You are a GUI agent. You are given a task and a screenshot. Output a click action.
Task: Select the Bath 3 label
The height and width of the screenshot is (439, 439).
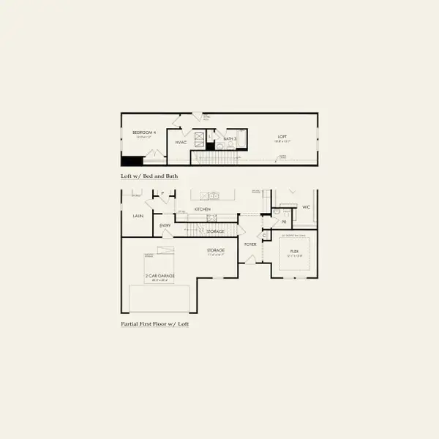coord(228,138)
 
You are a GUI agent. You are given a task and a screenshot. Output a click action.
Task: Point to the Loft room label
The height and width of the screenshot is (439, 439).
coord(282,136)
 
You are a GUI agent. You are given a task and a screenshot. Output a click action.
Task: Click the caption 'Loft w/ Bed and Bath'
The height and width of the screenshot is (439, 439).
coord(149,176)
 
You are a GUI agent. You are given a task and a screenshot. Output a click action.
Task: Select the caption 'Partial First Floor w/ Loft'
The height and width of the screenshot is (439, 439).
coord(154,323)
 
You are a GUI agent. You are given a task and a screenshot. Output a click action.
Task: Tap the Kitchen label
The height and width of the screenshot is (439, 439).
coord(203,209)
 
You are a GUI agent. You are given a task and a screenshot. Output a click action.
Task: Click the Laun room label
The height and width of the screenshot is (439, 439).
coord(137,217)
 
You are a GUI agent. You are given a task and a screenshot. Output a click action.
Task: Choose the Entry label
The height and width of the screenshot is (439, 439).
coord(165,226)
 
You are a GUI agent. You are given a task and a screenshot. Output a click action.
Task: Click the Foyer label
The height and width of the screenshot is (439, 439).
coord(250,244)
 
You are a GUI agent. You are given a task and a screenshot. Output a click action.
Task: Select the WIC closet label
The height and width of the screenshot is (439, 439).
coord(306,207)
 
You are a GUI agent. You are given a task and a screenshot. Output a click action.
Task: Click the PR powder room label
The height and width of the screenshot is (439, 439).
coord(284,222)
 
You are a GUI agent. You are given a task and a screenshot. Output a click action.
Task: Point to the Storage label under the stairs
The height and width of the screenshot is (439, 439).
coord(215,231)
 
